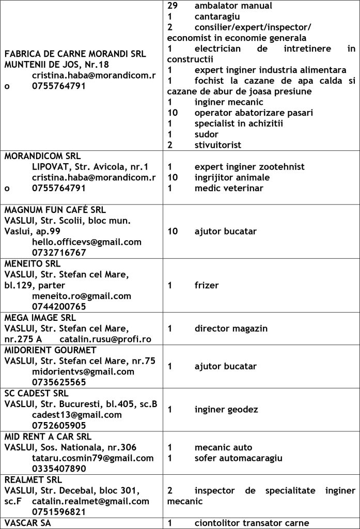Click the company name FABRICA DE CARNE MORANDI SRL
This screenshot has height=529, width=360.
75,53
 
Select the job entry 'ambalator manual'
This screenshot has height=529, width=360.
233,6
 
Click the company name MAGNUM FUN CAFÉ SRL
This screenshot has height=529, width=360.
55,210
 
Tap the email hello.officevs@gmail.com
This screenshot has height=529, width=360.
86,242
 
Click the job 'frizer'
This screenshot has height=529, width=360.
207,285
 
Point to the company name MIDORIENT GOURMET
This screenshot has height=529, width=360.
51,350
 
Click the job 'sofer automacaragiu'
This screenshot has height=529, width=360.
238,458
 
